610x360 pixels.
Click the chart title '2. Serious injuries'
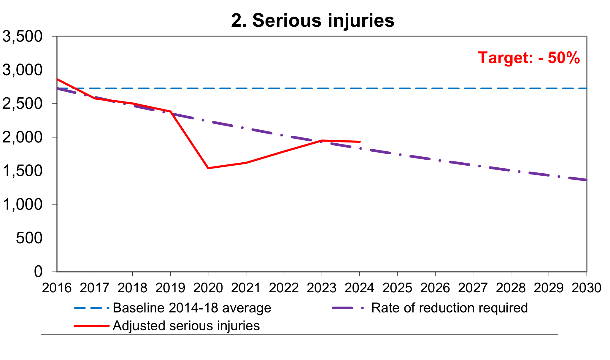pyautogui.click(x=313, y=20)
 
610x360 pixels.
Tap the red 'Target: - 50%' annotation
pyautogui.click(x=529, y=58)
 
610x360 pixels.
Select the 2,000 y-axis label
pyautogui.click(x=22, y=137)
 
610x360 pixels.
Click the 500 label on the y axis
pyautogui.click(x=29, y=238)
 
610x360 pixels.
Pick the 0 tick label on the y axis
pyautogui.click(x=38, y=272)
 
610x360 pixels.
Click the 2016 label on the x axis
pyautogui.click(x=57, y=288)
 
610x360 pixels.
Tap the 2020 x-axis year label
pyautogui.click(x=208, y=288)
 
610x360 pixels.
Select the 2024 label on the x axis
pyautogui.click(x=359, y=288)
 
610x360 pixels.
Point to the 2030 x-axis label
pyautogui.click(x=586, y=288)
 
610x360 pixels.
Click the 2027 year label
pyautogui.click(x=473, y=288)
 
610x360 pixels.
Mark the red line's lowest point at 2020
pyautogui.click(x=208, y=168)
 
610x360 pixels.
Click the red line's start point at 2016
pyautogui.click(x=57, y=79)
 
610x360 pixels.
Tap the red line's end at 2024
pyautogui.click(x=360, y=142)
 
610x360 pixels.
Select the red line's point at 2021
pyautogui.click(x=246, y=163)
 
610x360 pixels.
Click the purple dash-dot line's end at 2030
pyautogui.click(x=586, y=180)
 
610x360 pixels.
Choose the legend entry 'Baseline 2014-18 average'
pyautogui.click(x=192, y=308)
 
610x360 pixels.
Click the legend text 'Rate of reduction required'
pyautogui.click(x=449, y=308)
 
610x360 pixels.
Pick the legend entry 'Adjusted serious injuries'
pyautogui.click(x=186, y=326)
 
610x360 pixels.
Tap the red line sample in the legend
pyautogui.click(x=92, y=326)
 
